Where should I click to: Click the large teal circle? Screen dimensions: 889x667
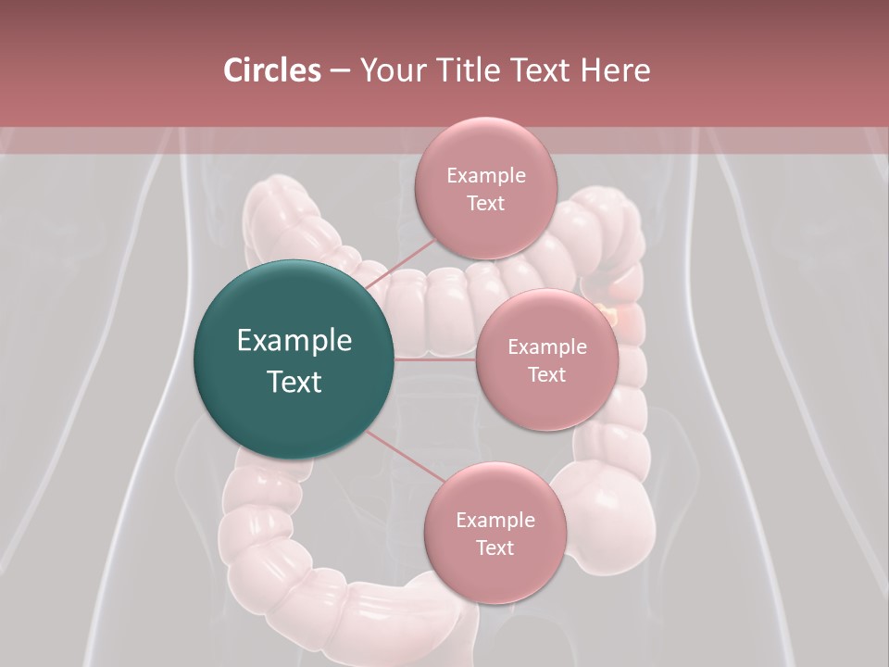tap(294, 359)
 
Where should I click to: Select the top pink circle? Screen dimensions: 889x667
tap(485, 188)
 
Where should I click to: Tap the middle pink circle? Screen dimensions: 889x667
tap(546, 359)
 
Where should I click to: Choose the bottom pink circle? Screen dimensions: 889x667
tap(495, 533)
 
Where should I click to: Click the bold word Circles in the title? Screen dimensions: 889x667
tap(271, 70)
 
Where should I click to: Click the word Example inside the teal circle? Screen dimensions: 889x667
tap(294, 341)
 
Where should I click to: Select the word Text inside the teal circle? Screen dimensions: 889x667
tap(294, 382)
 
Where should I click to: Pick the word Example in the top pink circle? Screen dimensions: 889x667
tap(485, 175)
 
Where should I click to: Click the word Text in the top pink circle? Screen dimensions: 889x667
tap(485, 203)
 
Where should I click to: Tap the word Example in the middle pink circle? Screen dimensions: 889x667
tap(546, 346)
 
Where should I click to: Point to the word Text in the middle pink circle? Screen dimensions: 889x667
tap(546, 374)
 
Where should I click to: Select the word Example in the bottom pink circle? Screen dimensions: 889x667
tap(495, 520)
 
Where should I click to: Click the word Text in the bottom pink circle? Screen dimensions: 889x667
tap(495, 547)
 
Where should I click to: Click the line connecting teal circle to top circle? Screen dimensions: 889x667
tap(400, 263)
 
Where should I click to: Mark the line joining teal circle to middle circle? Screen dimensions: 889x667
tap(435, 359)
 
